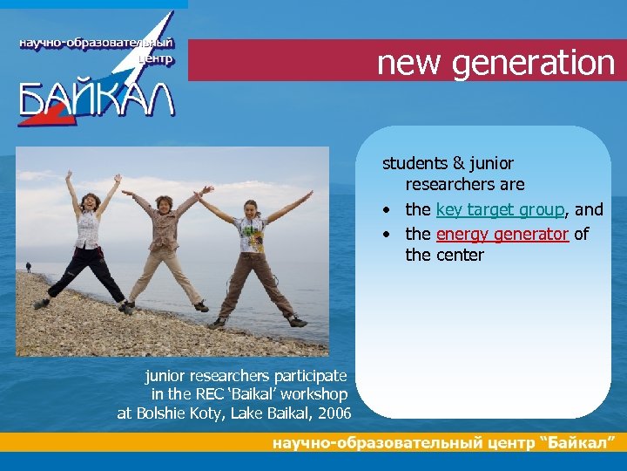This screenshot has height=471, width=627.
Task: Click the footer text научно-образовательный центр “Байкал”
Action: point(449,443)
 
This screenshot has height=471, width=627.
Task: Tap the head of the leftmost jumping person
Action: point(90,201)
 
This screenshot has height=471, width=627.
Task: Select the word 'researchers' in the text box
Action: point(464,185)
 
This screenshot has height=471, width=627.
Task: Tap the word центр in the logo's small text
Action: point(156,60)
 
